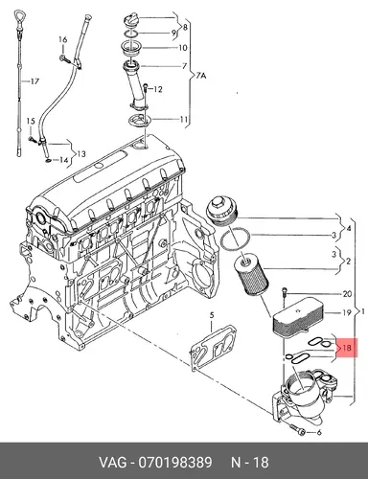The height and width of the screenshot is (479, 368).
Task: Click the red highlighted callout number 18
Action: click(347, 348)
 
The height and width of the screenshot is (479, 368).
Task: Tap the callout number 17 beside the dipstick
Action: click(34, 81)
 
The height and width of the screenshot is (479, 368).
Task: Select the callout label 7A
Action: click(200, 76)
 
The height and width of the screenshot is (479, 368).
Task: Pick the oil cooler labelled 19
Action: click(298, 315)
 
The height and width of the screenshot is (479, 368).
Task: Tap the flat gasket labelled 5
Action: click(212, 348)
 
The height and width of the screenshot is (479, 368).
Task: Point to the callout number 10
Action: click(182, 48)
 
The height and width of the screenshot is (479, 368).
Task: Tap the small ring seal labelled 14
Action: click(48, 159)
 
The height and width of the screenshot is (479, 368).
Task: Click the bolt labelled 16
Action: click(64, 58)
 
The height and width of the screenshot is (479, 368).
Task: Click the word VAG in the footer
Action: click(113, 462)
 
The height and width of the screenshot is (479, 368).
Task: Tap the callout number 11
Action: click(183, 120)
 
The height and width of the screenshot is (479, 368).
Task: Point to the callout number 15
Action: click(31, 122)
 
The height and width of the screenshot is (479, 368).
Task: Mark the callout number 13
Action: click(81, 154)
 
